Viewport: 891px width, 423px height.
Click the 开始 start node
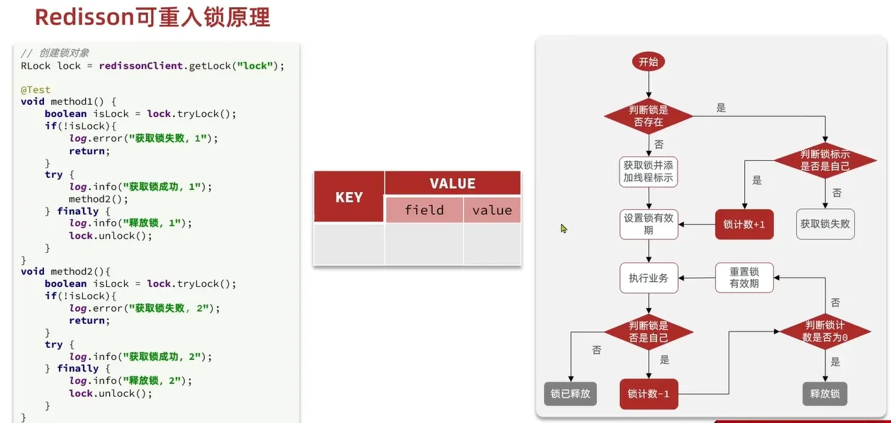pyautogui.click(x=648, y=62)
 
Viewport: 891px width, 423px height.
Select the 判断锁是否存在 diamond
pyautogui.click(x=648, y=116)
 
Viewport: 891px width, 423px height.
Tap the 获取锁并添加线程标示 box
pyautogui.click(x=648, y=171)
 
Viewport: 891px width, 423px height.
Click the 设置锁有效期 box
pyautogui.click(x=648, y=224)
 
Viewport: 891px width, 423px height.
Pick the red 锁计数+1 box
pyautogui.click(x=744, y=225)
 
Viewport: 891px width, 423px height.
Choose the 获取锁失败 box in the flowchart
pyautogui.click(x=825, y=224)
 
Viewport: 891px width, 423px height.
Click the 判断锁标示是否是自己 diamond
pyautogui.click(x=825, y=160)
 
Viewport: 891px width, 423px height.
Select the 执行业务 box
pyautogui.click(x=648, y=278)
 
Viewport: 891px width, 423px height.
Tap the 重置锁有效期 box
pyautogui.click(x=744, y=277)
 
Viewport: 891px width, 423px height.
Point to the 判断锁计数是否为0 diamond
pyautogui.click(x=825, y=332)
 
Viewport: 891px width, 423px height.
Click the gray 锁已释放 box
pyautogui.click(x=571, y=393)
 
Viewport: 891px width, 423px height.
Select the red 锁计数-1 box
pyautogui.click(x=648, y=394)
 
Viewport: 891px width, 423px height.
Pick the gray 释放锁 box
pyautogui.click(x=825, y=393)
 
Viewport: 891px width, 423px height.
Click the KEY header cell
pyautogui.click(x=349, y=197)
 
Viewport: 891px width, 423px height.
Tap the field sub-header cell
pyautogui.click(x=424, y=210)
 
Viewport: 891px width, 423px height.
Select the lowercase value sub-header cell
pyautogui.click(x=492, y=210)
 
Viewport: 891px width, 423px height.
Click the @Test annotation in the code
pyautogui.click(x=35, y=90)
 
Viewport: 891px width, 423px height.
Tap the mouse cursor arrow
pyautogui.click(x=564, y=228)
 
